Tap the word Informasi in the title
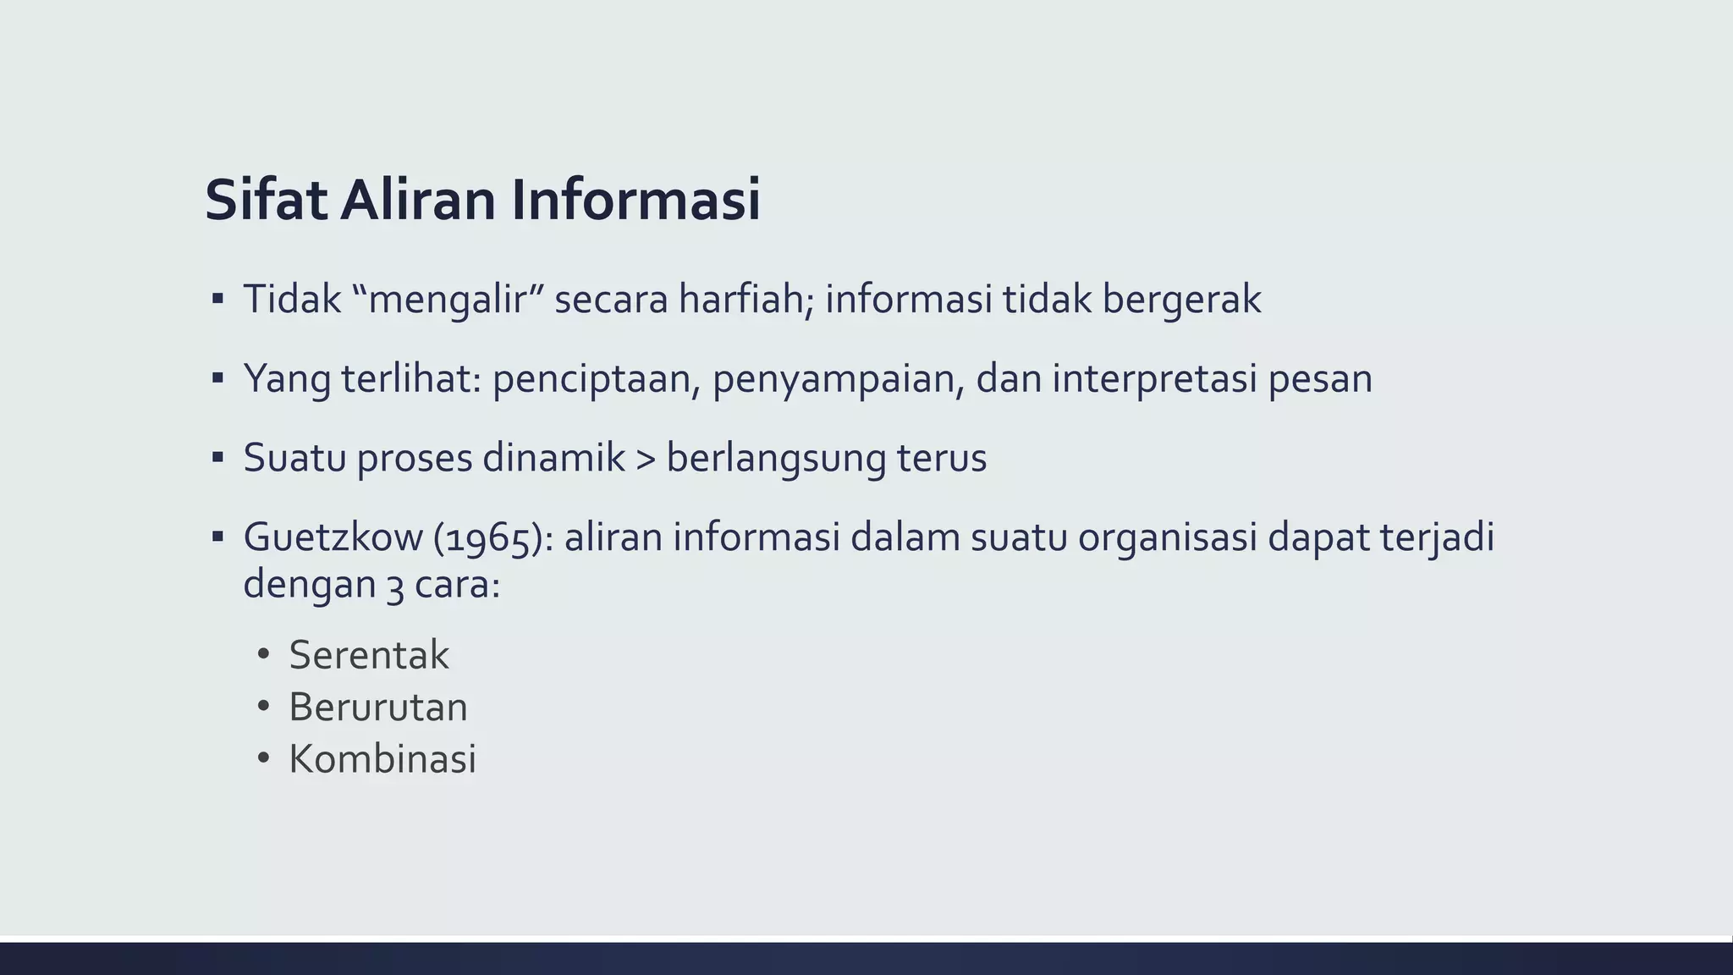tap(635, 201)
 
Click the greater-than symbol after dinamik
tap(646, 459)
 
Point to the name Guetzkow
tap(333, 537)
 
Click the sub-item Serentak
tap(369, 655)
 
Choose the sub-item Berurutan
tap(378, 708)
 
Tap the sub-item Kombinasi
tap(382, 759)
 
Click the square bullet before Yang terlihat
tap(217, 377)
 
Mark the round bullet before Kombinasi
tap(263, 758)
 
